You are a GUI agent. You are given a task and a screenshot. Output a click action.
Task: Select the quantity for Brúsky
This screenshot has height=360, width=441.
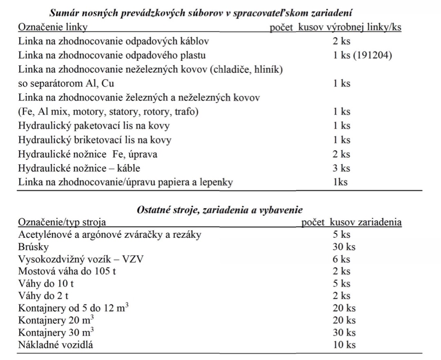point(344,247)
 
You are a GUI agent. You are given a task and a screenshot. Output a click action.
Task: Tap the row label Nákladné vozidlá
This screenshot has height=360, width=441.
point(56,344)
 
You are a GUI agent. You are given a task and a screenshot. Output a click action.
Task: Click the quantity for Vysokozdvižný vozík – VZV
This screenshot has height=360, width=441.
point(342,259)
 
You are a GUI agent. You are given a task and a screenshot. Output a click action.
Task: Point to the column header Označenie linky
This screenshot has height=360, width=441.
point(53,27)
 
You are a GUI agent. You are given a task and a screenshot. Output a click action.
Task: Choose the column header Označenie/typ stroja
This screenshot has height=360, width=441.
point(62,222)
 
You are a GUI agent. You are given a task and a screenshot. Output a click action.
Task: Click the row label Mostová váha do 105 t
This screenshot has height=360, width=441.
point(67,271)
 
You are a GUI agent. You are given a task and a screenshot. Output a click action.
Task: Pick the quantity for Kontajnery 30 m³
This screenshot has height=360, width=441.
point(344,332)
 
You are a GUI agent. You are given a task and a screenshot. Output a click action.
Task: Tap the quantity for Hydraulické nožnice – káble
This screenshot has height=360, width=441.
point(342,168)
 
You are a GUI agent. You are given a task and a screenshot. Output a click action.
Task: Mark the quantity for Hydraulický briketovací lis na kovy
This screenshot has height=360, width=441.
point(342,140)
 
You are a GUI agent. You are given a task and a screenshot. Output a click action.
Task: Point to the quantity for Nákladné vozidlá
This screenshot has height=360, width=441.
point(344,344)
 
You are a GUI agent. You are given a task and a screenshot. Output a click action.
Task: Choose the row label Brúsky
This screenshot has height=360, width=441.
point(33,247)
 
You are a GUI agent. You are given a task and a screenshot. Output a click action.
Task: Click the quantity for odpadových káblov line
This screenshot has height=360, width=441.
point(342,41)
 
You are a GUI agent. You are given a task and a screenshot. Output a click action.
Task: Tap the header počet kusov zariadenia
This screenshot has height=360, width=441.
point(351,222)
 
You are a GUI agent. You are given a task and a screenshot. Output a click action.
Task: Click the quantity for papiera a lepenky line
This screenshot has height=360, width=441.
point(341,182)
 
